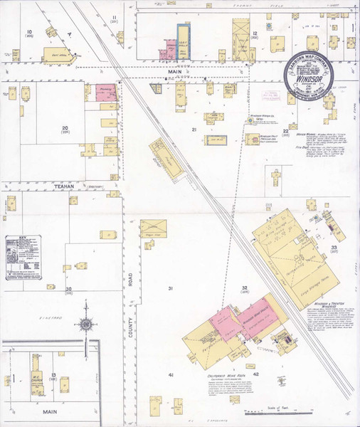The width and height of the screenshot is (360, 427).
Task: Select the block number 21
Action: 194,130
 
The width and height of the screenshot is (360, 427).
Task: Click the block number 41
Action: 171,374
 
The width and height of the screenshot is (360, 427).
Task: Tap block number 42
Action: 255,374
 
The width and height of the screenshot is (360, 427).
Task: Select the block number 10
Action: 30,32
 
